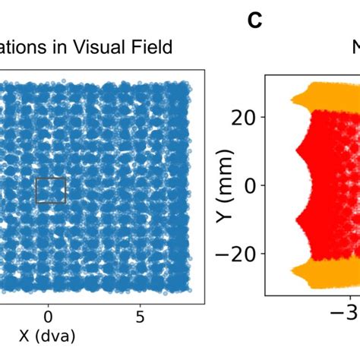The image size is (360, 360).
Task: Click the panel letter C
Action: (x=254, y=21)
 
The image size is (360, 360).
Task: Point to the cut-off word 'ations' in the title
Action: (x=27, y=48)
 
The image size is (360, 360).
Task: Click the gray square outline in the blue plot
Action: (x=51, y=190)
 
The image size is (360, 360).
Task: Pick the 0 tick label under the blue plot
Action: (x=48, y=314)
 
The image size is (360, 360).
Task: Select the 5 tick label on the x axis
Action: (x=141, y=314)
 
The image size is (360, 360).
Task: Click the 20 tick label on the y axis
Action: (x=242, y=117)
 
